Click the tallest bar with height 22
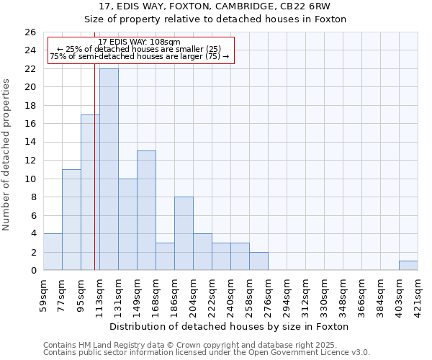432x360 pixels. [x=109, y=169]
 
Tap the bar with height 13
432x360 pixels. [x=146, y=210]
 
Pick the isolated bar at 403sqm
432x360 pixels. [x=408, y=266]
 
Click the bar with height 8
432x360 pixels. [x=184, y=233]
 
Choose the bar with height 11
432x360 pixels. [x=71, y=220]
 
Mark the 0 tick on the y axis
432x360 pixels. [x=32, y=271]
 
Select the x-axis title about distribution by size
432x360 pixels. [x=230, y=326]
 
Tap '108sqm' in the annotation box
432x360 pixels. [x=165, y=42]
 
